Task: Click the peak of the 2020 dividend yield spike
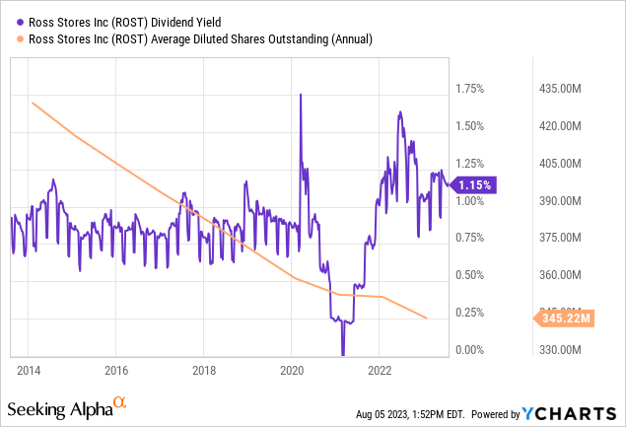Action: point(300,94)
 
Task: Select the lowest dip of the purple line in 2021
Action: point(343,354)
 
